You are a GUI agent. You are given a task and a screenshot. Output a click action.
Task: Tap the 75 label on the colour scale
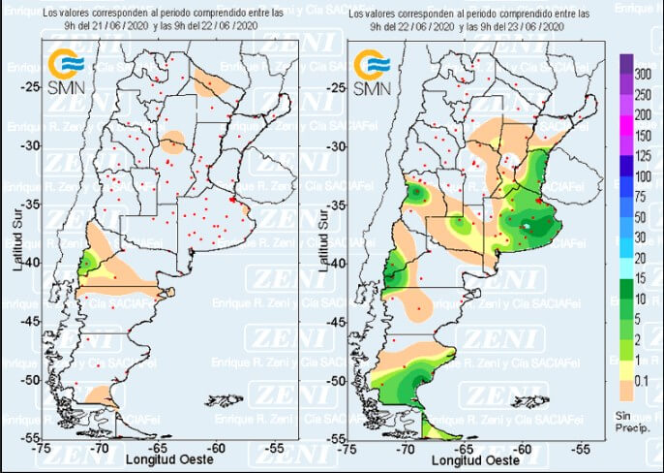pos(640,196)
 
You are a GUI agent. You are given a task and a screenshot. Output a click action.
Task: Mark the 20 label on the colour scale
pos(640,257)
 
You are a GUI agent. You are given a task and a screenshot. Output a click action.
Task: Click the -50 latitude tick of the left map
pos(32,381)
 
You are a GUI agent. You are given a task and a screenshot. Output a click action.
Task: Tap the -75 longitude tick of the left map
pos(42,449)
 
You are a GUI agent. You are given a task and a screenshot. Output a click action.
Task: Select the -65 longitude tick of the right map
pos(465,449)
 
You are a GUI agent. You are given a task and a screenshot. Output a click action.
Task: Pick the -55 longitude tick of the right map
pos(582,449)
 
